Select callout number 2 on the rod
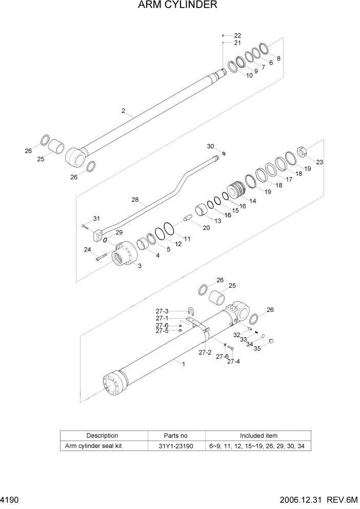(123, 111)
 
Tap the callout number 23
(319, 163)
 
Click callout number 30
(210, 146)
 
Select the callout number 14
(252, 202)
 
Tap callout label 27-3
(162, 311)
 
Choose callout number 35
(257, 348)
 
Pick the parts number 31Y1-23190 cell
(176, 446)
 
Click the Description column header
(102, 436)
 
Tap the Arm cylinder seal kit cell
(93, 446)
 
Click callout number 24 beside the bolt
(88, 250)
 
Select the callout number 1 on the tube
(183, 364)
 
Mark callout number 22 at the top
(237, 35)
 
